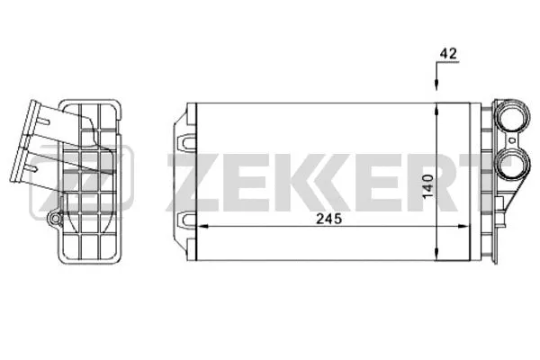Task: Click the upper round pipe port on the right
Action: [512, 119]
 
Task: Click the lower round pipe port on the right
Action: [512, 166]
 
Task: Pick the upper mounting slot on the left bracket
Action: [186, 142]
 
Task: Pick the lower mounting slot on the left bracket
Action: [186, 220]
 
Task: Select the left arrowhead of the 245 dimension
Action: [202, 226]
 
